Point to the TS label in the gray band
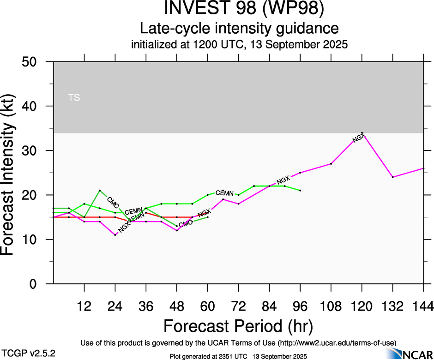coord(73,97)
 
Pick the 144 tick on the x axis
coord(423,306)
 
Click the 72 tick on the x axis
coord(238,306)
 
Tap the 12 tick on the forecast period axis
coord(84,306)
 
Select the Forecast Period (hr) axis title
coord(238,326)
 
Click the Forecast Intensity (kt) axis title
coord(13,173)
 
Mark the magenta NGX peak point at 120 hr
coord(362,133)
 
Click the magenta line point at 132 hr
coord(393,177)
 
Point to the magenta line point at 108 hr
coord(331,164)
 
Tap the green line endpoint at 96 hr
coord(300,191)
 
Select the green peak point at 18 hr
coord(100,191)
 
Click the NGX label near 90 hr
coord(283,180)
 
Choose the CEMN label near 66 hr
coord(225,193)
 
